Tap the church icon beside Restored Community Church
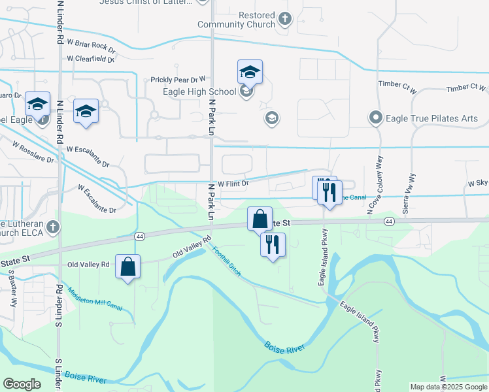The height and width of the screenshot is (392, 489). pyautogui.click(x=284, y=18)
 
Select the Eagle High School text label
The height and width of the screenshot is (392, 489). pyautogui.click(x=199, y=91)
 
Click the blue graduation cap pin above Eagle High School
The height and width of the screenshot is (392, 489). pyautogui.click(x=249, y=72)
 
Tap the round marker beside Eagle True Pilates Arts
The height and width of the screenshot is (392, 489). pyautogui.click(x=375, y=118)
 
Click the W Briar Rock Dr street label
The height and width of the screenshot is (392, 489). pyautogui.click(x=91, y=48)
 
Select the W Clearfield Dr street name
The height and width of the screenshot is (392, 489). pyautogui.click(x=90, y=59)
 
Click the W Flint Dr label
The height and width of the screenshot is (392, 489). pyautogui.click(x=234, y=184)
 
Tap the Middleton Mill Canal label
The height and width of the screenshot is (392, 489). pyautogui.click(x=95, y=299)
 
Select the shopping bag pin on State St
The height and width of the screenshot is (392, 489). pyautogui.click(x=260, y=219)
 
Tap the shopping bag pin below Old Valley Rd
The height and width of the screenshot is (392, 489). pyautogui.click(x=127, y=267)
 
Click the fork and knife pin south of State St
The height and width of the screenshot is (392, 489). pyautogui.click(x=272, y=245)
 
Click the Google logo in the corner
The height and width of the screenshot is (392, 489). pyautogui.click(x=22, y=384)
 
